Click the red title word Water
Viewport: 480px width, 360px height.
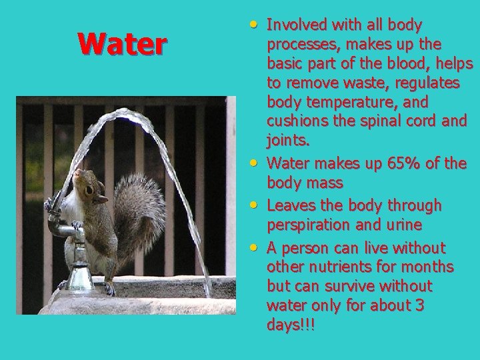(x=122, y=45)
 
